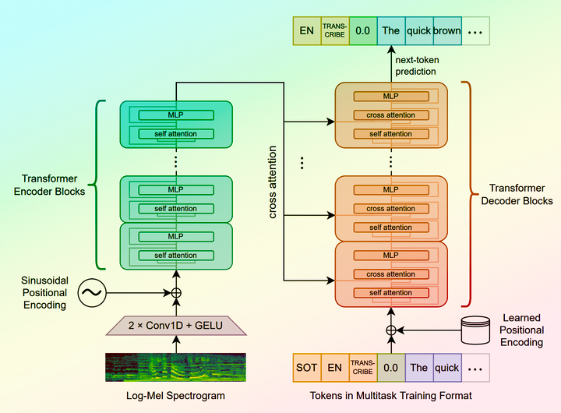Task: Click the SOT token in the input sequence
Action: pyautogui.click(x=306, y=367)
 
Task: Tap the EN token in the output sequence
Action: pyautogui.click(x=307, y=31)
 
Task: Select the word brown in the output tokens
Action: pyautogui.click(x=447, y=31)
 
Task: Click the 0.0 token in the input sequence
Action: pyautogui.click(x=390, y=367)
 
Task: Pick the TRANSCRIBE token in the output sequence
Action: pyautogui.click(x=335, y=31)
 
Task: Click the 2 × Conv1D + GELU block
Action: pyautogui.click(x=175, y=325)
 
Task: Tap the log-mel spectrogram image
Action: pyautogui.click(x=175, y=368)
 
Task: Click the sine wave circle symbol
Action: pyautogui.click(x=91, y=293)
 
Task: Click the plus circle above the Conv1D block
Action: pyautogui.click(x=175, y=293)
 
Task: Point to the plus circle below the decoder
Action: pyautogui.click(x=391, y=330)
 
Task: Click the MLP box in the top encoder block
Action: pyautogui.click(x=176, y=115)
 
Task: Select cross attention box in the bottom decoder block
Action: pyautogui.click(x=391, y=274)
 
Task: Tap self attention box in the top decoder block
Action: pyautogui.click(x=391, y=134)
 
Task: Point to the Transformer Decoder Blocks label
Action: pyautogui.click(x=516, y=194)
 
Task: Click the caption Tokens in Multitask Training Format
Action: pyautogui.click(x=391, y=397)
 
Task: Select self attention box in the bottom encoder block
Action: pyautogui.click(x=176, y=256)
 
